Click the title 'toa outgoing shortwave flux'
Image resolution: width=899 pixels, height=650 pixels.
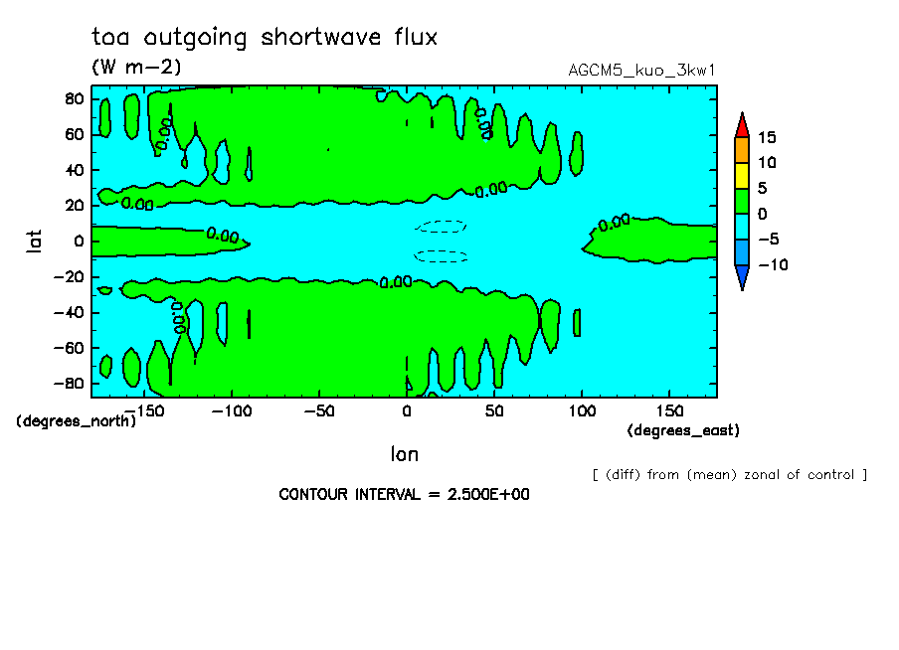coord(265,38)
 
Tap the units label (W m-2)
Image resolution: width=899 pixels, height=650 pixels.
coord(136,67)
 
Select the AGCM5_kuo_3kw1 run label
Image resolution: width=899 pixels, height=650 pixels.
coord(641,71)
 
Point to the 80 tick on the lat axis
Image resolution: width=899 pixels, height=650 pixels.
coord(74,99)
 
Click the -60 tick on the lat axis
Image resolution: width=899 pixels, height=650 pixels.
coord(69,348)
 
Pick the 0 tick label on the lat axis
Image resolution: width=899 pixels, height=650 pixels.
coord(79,242)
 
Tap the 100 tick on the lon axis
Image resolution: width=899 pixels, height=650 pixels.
coord(582,411)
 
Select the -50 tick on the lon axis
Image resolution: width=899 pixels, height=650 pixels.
coord(319,411)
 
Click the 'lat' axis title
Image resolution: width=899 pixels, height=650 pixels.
coord(35,242)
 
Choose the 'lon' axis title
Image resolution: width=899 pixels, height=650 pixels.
coord(405,454)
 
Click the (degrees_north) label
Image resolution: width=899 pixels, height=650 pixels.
coord(77,421)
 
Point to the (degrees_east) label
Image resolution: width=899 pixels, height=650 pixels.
coord(683,430)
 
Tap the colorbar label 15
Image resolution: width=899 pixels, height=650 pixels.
coord(767,137)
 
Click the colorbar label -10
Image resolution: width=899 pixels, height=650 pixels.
coord(773,264)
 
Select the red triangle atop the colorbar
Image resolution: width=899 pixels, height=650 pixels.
coord(742,125)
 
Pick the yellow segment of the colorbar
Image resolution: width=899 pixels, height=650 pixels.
coord(742,176)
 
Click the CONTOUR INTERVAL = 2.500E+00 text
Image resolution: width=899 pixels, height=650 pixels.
coord(404,494)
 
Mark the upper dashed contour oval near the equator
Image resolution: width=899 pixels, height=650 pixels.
coord(441,227)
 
